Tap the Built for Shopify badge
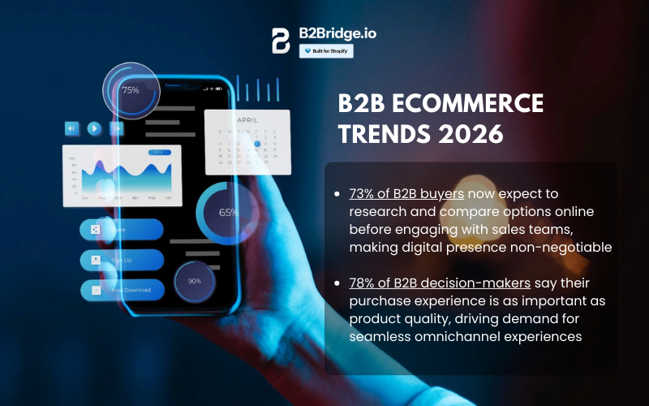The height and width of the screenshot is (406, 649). [326, 50]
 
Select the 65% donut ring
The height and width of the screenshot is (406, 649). [228, 213]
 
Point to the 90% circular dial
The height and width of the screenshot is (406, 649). [195, 281]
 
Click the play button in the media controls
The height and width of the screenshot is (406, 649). [94, 127]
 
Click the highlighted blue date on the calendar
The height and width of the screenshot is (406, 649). [257, 144]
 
